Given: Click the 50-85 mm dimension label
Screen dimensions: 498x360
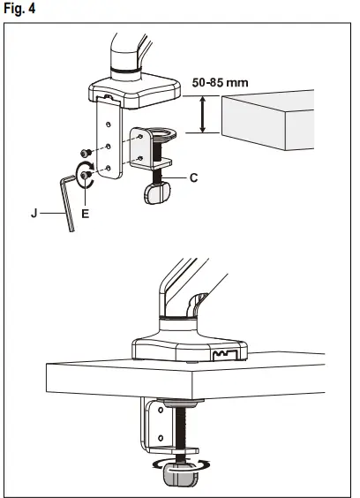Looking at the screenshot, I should (x=220, y=82).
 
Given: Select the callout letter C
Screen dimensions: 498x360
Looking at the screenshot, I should (x=193, y=177).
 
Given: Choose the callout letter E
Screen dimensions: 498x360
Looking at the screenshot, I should (x=86, y=213).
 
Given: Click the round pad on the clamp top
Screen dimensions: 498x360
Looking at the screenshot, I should (x=165, y=133).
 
